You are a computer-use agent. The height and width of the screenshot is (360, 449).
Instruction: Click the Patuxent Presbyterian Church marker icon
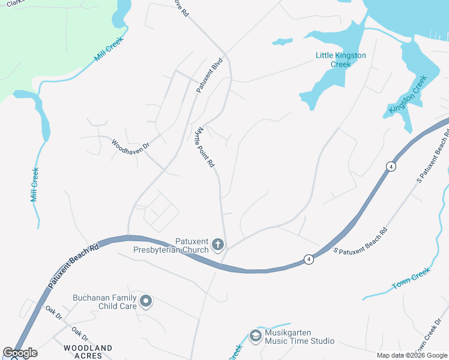[217, 245]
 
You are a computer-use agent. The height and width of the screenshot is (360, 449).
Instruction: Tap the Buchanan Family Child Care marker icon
[145, 301]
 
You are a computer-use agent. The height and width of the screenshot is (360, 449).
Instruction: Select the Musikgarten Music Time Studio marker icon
[256, 336]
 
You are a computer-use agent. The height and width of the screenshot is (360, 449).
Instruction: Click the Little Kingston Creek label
[341, 59]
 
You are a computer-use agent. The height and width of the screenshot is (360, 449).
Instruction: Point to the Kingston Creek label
[408, 95]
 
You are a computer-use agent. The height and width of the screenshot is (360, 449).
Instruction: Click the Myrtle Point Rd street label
[205, 147]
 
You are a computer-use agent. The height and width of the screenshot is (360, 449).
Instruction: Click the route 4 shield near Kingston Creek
[391, 167]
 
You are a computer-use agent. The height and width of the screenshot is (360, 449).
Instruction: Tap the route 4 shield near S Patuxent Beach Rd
[308, 259]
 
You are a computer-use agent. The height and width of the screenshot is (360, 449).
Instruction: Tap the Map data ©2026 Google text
[412, 355]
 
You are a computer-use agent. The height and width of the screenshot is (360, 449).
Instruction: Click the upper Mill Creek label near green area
[108, 52]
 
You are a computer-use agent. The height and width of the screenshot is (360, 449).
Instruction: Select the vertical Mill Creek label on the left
[35, 185]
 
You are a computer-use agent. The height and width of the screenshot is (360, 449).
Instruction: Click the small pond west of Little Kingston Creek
[282, 42]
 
